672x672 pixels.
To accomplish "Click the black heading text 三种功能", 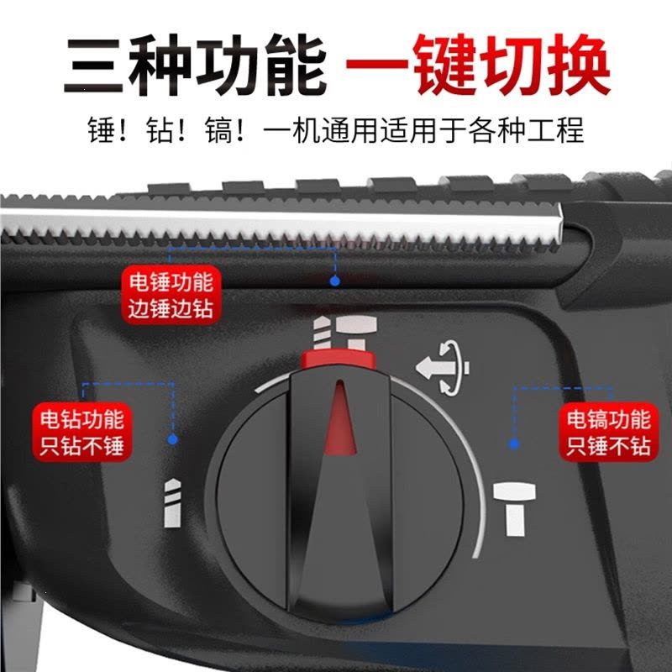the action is tap(195, 66).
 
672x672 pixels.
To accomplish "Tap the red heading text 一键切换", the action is tap(478, 66).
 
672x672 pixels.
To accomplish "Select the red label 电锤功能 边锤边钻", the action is tap(171, 295).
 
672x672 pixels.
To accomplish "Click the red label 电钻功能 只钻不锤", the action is tap(82, 432).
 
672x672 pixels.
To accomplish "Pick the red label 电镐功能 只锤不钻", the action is tap(608, 432).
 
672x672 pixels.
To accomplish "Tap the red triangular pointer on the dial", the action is tap(340, 417).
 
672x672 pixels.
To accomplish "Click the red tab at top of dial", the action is tap(339, 360).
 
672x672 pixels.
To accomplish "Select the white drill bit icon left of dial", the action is tap(172, 503).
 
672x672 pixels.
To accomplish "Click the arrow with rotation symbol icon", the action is tap(443, 367).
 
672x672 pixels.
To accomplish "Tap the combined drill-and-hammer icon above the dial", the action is tap(345, 332).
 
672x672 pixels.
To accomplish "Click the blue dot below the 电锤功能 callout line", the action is tap(335, 281).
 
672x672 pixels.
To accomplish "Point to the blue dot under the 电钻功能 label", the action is tap(173, 439).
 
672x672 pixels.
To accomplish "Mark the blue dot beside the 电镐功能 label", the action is tap(514, 444).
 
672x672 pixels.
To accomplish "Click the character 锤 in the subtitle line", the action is tap(102, 130).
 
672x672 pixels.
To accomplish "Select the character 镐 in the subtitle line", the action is tap(218, 130).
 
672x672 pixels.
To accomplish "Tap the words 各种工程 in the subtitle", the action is tap(526, 130).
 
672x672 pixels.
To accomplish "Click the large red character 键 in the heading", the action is tap(444, 66).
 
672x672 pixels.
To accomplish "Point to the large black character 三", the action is tap(93, 66).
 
